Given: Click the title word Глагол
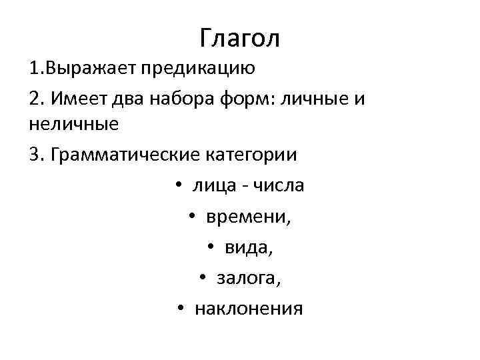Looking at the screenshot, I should [x=240, y=38].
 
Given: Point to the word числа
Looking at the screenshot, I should [x=276, y=185].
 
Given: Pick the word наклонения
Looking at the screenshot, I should [x=249, y=309].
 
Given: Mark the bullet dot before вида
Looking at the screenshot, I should [x=210, y=248].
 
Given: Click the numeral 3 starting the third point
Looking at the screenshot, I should [x=35, y=155].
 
